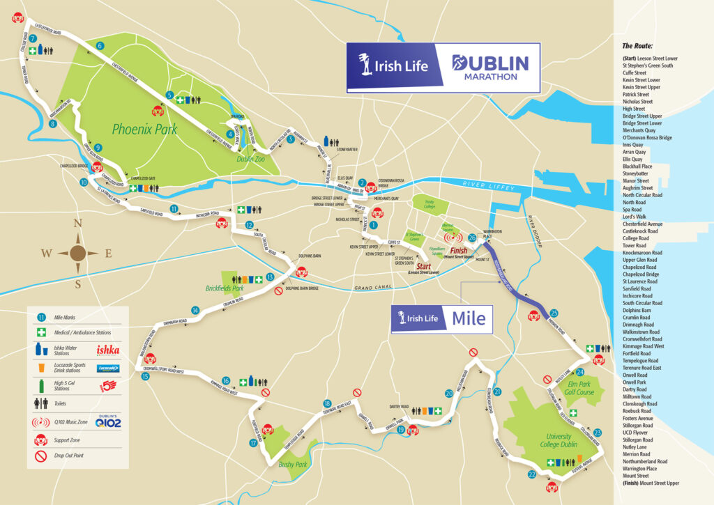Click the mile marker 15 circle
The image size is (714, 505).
click(145, 377)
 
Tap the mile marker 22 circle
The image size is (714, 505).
click(532, 475)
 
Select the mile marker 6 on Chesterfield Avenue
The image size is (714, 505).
click(100, 46)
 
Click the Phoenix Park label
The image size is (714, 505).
click(144, 129)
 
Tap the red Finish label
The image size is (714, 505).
click(459, 250)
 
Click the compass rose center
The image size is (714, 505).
click(78, 254)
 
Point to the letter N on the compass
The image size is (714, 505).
click(78, 224)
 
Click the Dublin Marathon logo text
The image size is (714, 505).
click(491, 68)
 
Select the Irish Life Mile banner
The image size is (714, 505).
click(441, 319)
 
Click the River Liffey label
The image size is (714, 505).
click(489, 189)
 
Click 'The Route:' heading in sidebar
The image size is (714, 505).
click(638, 45)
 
